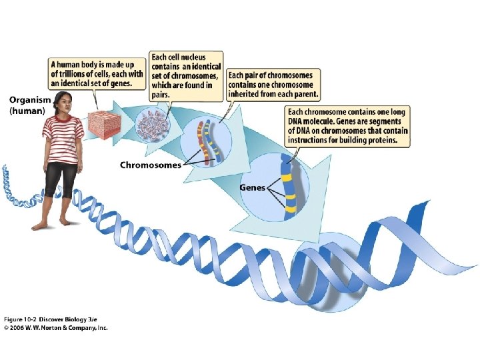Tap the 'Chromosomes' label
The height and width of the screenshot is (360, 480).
coord(150,165)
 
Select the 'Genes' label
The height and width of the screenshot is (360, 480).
coord(251,187)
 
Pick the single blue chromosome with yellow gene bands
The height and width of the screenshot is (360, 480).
coord(289,187)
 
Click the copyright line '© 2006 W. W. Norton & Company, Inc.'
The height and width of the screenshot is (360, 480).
coord(56,327)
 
